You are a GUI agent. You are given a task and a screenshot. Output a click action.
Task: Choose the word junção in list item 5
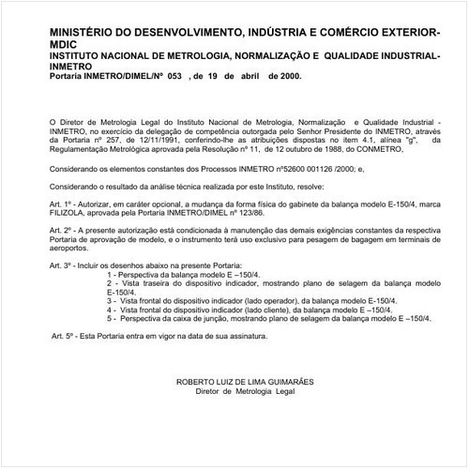tap(207, 316)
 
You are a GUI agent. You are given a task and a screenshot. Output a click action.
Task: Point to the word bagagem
tap(353, 238)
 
